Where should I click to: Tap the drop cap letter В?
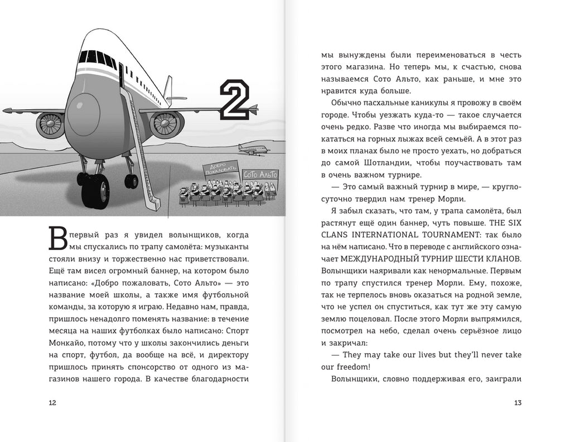(x=59, y=239)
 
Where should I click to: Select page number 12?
(x=52, y=403)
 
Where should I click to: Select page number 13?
(x=517, y=403)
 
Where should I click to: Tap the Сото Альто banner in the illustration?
(x=260, y=175)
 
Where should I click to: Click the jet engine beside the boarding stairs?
(x=166, y=124)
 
